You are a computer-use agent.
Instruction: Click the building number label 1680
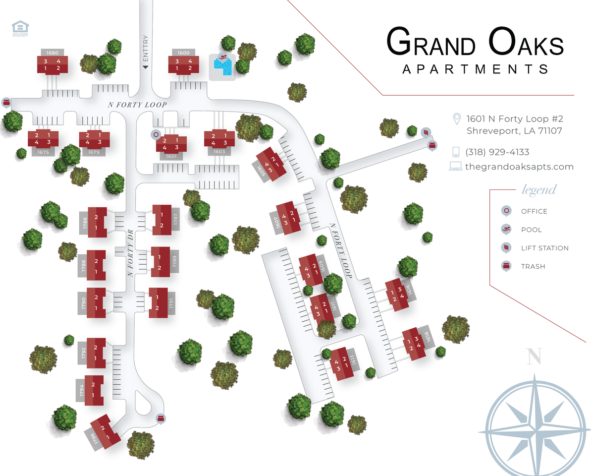tap(53, 53)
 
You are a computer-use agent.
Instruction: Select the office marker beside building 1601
tap(156, 134)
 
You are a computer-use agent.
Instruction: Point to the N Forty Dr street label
tap(130, 252)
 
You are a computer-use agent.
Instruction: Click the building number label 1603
tap(219, 152)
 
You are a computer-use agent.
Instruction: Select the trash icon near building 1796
tap(161, 419)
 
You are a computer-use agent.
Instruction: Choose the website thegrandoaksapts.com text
tap(519, 167)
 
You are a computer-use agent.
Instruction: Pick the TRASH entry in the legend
tap(533, 266)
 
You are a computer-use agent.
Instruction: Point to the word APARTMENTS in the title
tap(475, 69)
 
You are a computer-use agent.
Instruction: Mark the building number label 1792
tap(82, 353)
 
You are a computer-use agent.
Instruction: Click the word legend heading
tap(539, 190)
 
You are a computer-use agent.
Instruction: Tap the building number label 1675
tap(43, 152)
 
